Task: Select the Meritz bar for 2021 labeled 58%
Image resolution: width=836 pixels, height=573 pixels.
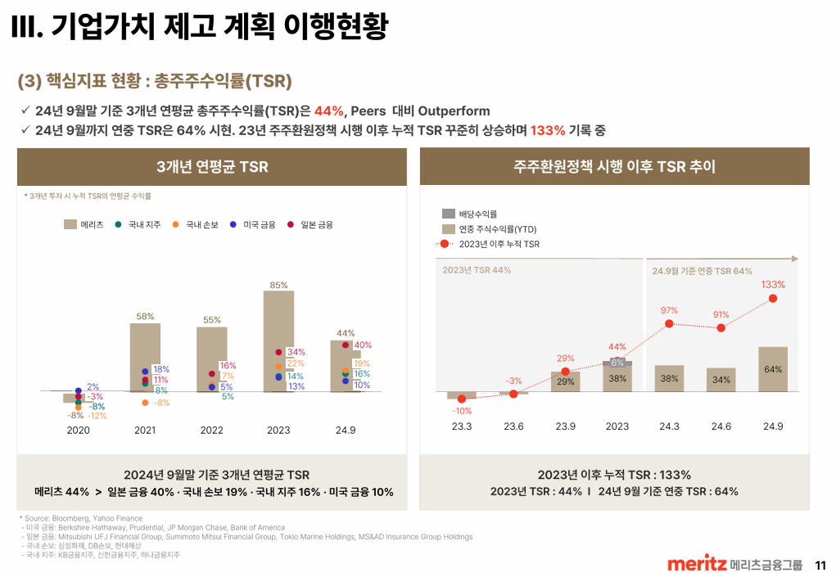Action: (x=145, y=357)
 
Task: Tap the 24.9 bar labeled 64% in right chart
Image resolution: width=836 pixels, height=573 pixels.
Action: (x=773, y=369)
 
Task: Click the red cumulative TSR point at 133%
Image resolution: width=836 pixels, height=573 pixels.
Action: (x=773, y=299)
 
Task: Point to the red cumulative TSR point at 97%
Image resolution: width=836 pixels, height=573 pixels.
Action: (x=669, y=324)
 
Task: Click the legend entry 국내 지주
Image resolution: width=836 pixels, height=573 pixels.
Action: (x=138, y=224)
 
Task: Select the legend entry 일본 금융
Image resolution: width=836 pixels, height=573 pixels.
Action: (x=310, y=224)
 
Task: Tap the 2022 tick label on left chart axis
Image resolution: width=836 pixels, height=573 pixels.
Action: (x=211, y=430)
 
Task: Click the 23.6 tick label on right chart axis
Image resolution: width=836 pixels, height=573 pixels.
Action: (x=513, y=426)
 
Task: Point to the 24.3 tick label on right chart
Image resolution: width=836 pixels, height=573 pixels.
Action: (x=669, y=426)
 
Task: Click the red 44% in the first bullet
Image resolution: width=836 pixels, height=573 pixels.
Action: (x=328, y=111)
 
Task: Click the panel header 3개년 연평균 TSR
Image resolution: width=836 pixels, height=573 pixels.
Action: (x=212, y=167)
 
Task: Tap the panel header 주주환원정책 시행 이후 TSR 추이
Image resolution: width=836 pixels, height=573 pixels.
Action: (x=614, y=167)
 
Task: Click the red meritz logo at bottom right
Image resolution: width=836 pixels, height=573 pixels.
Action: (x=697, y=563)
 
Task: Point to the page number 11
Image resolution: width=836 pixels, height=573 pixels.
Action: (x=820, y=563)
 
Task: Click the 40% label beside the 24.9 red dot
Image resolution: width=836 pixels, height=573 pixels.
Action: (x=363, y=345)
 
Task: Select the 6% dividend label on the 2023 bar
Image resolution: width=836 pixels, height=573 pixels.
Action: (x=617, y=363)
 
